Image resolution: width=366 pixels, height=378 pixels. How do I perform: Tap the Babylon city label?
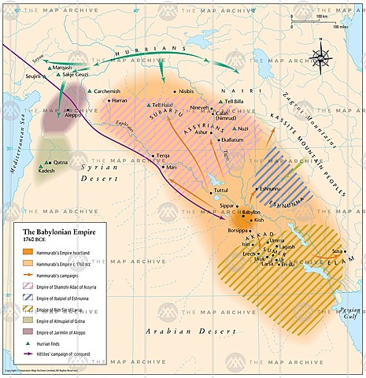[251, 213]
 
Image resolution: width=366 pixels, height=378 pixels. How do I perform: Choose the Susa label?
[338, 250]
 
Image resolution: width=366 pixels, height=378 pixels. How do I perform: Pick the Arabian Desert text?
[180, 309]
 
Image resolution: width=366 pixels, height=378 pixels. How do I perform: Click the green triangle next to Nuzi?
[234, 128]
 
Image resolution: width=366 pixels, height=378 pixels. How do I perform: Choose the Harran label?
[120, 102]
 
